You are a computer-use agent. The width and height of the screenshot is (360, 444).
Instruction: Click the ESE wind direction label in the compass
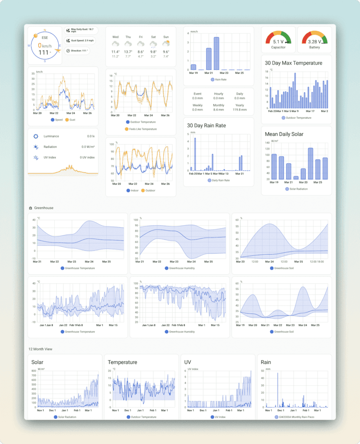pyautogui.click(x=45, y=38)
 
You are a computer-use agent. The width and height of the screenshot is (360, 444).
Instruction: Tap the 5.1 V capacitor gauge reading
pyautogui.click(x=278, y=42)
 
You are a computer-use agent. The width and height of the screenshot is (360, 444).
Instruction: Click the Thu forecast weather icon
pyautogui.click(x=128, y=44)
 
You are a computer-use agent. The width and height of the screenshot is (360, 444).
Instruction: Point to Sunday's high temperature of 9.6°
pyautogui.click(x=166, y=52)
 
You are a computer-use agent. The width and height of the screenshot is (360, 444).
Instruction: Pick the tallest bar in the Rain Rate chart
pyautogui.click(x=216, y=53)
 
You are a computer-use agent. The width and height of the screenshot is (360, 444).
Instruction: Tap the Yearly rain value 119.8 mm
pyautogui.click(x=239, y=110)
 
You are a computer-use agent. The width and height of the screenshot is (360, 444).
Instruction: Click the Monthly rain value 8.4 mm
pyautogui.click(x=219, y=110)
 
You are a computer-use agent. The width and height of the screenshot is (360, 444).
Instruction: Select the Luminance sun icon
pyautogui.click(x=36, y=136)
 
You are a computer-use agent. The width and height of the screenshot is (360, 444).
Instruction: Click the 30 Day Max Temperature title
pyautogui.click(x=293, y=63)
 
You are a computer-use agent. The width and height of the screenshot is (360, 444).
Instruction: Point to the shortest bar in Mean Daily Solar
pyautogui.click(x=296, y=177)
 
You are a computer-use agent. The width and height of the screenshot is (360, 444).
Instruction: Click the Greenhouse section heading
pyautogui.click(x=43, y=208)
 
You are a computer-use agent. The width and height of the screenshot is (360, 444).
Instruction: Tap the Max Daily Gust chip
pyautogui.click(x=82, y=30)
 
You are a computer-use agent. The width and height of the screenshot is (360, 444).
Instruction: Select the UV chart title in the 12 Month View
pyautogui.click(x=187, y=362)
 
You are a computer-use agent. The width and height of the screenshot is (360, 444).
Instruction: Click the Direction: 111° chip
pyautogui.click(x=78, y=51)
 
